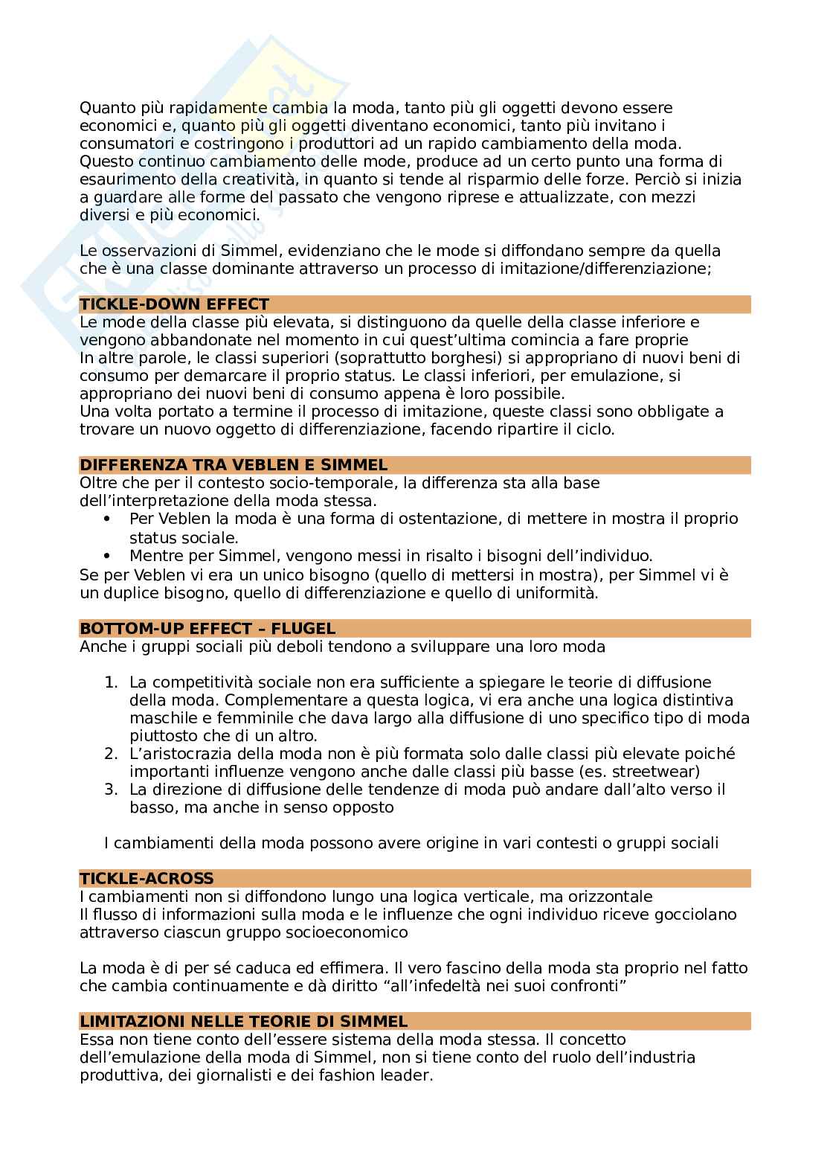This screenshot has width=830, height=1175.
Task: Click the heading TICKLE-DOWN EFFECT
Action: coord(174,304)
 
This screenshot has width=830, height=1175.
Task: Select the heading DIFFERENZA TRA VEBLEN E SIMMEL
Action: coord(234,466)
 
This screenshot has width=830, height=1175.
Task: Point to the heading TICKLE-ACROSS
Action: coord(147,879)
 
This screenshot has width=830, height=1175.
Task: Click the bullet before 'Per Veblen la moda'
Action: coord(109,519)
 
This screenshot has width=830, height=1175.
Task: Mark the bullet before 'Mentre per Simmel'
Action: coord(109,555)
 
